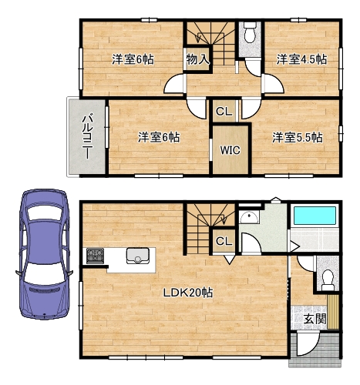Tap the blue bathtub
315,216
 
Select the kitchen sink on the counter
138,256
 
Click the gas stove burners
95,256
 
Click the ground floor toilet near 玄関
328,280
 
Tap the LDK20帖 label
188,293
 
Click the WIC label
230,150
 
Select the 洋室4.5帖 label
301,59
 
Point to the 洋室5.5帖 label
298,138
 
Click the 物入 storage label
197,59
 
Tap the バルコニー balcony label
87,136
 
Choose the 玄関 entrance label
315,319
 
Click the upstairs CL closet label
224,112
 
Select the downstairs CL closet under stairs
224,241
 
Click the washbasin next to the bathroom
248,217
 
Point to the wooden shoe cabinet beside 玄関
333,312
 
